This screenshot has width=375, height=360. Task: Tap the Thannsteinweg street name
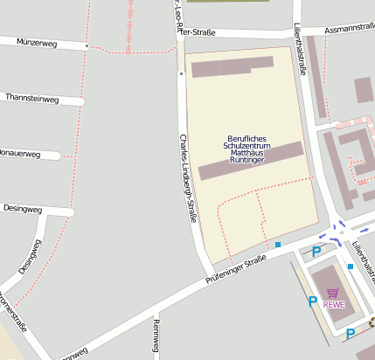coord(31,99)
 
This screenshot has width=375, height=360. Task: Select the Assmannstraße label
coord(349,28)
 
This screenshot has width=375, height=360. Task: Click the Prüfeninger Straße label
coord(235,269)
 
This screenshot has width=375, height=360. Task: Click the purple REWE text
coord(333,305)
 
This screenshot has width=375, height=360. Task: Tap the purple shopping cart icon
coord(332,294)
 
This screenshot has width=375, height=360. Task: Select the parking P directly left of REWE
coord(312,302)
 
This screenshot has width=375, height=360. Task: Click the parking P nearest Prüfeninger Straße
coord(316,252)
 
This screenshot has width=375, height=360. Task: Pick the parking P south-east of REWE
coord(350,333)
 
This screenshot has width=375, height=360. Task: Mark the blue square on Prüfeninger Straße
coord(278,245)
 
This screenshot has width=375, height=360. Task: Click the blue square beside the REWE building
coord(350,266)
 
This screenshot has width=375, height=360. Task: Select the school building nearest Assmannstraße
coord(233,66)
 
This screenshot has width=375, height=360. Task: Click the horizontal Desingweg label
coord(23,210)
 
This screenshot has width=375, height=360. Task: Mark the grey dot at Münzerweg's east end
coord(87,45)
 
